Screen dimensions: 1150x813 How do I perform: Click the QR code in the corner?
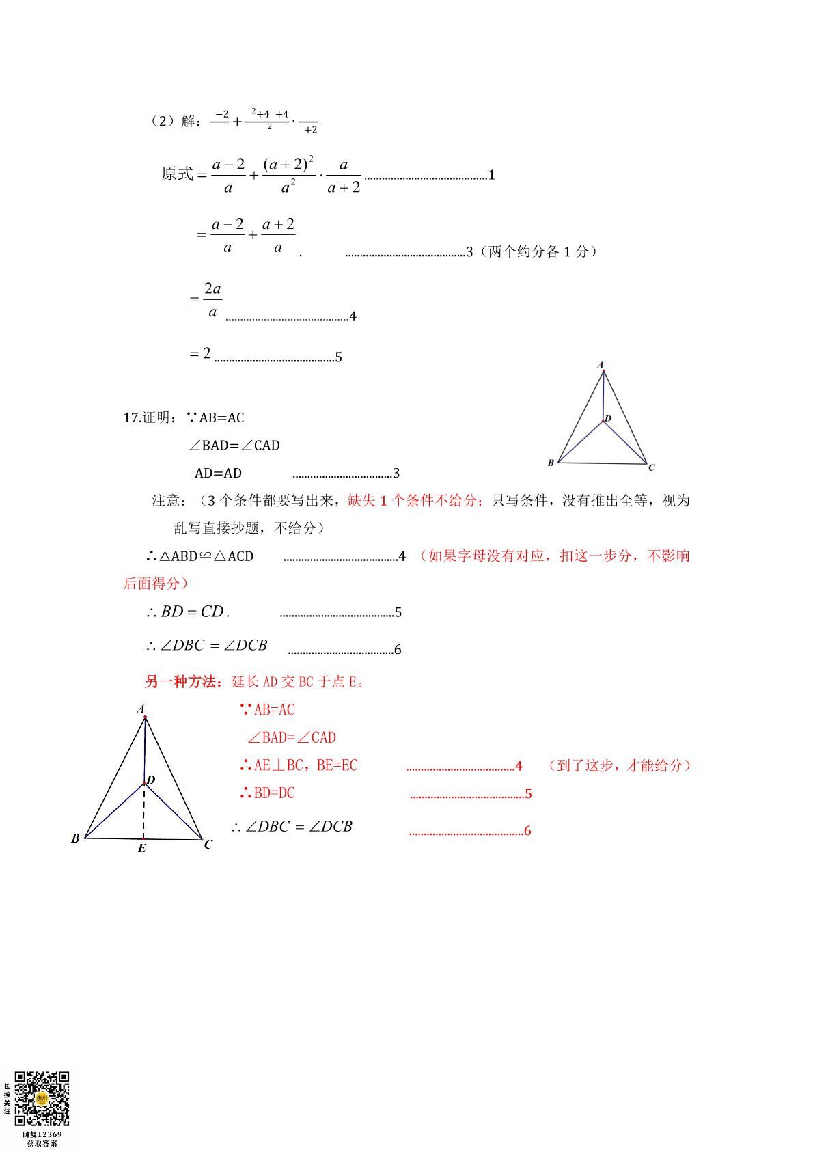click(x=42, y=1098)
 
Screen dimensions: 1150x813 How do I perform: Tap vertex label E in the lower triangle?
click(x=141, y=849)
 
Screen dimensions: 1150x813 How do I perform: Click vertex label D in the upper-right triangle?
click(x=608, y=418)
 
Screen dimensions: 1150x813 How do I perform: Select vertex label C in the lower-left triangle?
click(x=208, y=845)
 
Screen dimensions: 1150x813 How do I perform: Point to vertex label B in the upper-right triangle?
click(x=551, y=463)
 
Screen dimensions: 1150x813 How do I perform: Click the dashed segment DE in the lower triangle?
click(x=143, y=811)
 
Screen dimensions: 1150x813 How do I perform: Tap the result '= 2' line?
click(x=200, y=353)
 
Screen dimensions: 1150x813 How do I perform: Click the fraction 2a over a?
click(x=213, y=301)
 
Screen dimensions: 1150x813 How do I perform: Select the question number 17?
click(x=131, y=417)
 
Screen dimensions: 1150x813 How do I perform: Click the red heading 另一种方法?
click(x=183, y=681)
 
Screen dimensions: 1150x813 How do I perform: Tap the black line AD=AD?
click(x=218, y=473)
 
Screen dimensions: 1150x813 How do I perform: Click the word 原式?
click(x=177, y=174)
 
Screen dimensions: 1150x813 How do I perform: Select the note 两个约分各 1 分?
click(x=540, y=251)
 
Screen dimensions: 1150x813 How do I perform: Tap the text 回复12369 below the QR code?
click(x=42, y=1134)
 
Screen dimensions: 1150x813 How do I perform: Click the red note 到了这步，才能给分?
click(x=620, y=765)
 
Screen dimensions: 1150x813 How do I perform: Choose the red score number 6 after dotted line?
click(x=527, y=831)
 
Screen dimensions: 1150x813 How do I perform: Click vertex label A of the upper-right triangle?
click(x=601, y=365)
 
